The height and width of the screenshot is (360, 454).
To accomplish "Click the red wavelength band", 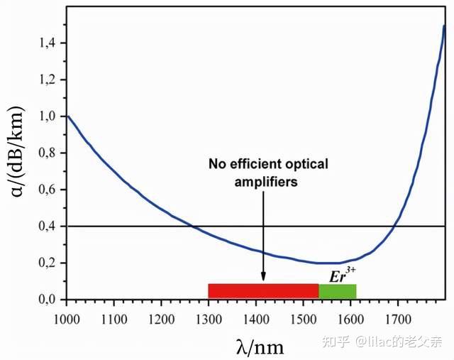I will click(263, 291).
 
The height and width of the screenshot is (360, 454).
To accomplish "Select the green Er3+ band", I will click(337, 291).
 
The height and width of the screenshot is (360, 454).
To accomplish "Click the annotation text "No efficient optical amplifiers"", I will click(268, 173).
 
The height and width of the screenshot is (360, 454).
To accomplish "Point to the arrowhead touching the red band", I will click(263, 279).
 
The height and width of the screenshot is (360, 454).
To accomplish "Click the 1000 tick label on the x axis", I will click(66, 313).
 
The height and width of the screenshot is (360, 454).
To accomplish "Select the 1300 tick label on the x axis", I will click(208, 313).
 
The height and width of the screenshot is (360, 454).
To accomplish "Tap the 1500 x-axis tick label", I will click(303, 313).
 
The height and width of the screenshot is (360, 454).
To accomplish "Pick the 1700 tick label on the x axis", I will click(397, 313).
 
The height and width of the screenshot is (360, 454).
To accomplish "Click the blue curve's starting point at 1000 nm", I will click(67, 116).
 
